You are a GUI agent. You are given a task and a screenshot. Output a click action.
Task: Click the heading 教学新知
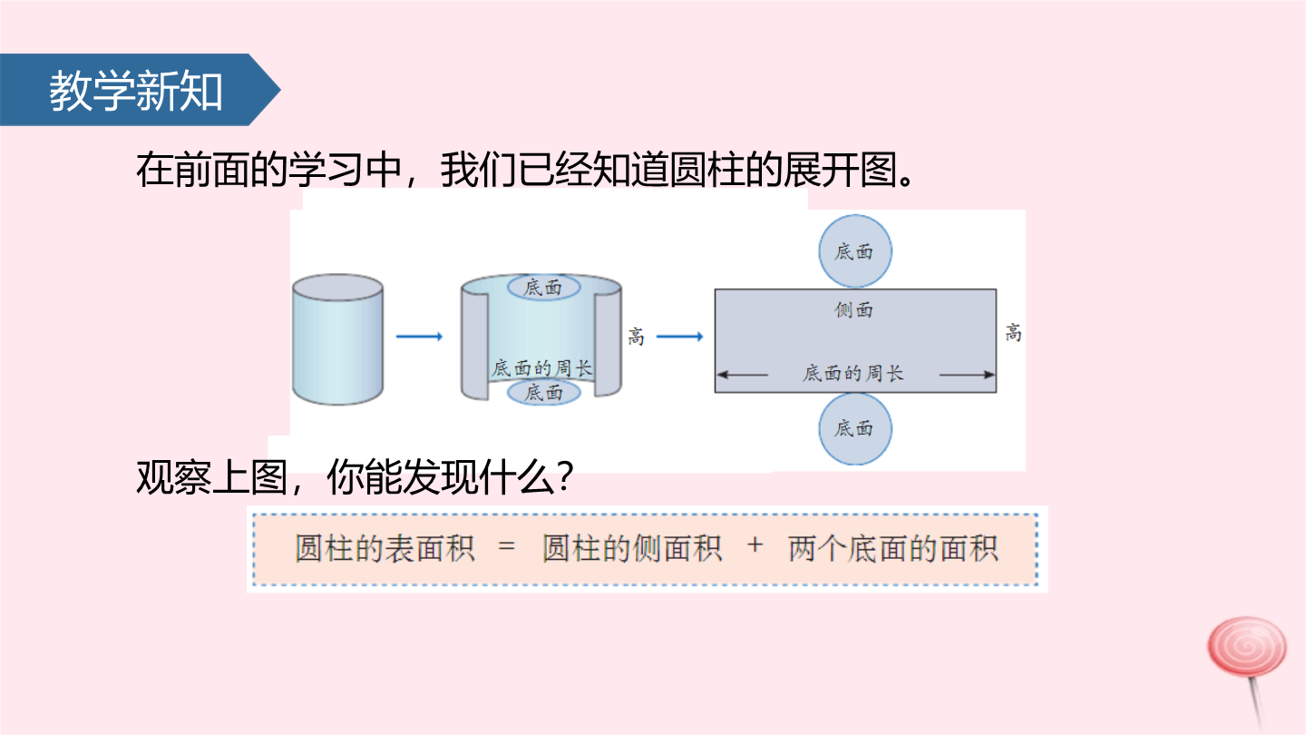coord(136,91)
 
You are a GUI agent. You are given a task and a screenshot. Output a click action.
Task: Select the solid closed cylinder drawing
coord(337,339)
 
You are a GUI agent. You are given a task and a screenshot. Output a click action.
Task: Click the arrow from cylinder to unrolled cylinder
coord(419,337)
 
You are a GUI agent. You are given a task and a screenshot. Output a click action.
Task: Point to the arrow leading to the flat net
coord(680,337)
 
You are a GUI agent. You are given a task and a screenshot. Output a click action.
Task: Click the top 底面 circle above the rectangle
coord(854,251)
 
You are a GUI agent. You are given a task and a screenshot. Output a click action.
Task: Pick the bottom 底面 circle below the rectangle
coord(854,428)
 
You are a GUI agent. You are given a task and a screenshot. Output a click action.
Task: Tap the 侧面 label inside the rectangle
coord(853,309)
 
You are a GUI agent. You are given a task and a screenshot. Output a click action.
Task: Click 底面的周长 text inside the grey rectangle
coord(853,373)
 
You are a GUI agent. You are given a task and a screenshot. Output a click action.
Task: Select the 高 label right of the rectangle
coord(1013,333)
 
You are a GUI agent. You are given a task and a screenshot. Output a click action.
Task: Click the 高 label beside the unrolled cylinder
coord(636,337)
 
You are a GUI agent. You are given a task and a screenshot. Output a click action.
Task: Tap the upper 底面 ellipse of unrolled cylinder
coord(543,287)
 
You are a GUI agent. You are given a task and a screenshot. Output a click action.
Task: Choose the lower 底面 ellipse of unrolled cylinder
coord(544,393)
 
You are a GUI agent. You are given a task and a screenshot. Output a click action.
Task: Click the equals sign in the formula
coord(507,547)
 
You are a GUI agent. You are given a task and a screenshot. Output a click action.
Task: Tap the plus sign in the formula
coord(755,545)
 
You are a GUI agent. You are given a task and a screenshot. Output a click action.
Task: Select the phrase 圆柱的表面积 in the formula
coord(385,548)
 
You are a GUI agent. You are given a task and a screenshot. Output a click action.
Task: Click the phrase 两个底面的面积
coord(893,548)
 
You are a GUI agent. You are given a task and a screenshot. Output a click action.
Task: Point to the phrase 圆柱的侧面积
coord(633,548)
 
